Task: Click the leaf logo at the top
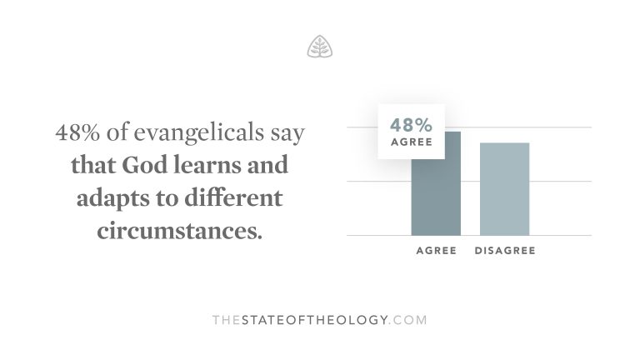(x=319, y=47)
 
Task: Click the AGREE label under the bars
(x=436, y=251)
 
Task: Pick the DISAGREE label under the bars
(x=504, y=251)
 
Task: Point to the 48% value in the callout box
(x=411, y=126)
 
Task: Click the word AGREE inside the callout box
(x=411, y=142)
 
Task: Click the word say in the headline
(x=285, y=133)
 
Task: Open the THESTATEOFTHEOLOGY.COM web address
(x=320, y=319)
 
